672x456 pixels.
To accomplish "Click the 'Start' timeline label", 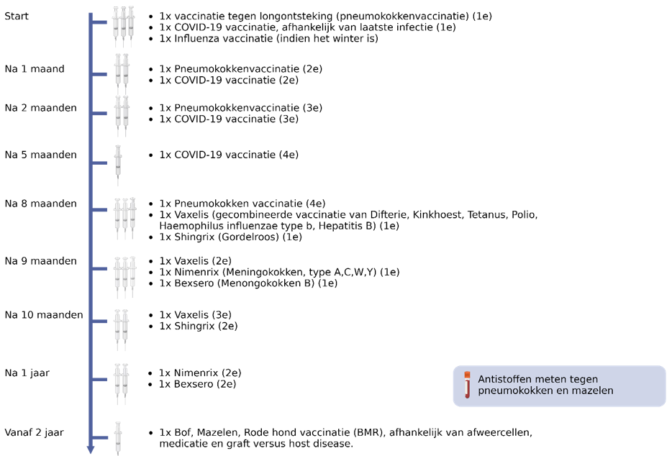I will point(17,16).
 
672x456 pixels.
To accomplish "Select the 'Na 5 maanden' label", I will point(40,155).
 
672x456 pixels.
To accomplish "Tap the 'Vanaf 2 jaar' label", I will point(35,432).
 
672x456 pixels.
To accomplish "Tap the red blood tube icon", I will point(467,385).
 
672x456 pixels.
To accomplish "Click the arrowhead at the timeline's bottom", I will point(91,450).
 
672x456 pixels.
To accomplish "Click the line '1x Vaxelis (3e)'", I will point(195,315).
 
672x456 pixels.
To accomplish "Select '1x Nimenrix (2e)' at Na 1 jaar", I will point(200,373).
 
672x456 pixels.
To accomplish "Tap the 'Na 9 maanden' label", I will point(40,260).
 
